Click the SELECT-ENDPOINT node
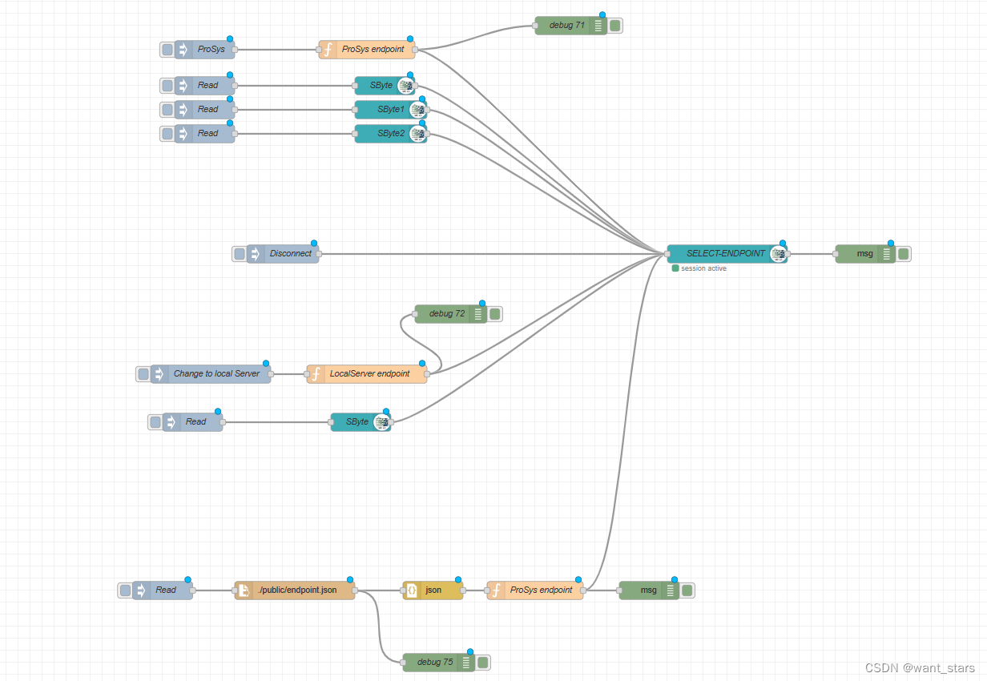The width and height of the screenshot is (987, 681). click(725, 254)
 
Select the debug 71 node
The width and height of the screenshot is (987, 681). click(562, 26)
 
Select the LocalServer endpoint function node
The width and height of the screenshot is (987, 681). click(369, 374)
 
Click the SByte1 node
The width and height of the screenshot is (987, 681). click(390, 110)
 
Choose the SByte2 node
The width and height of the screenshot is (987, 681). click(390, 134)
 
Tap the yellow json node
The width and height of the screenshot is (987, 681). click(433, 590)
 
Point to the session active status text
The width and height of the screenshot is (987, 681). click(703, 268)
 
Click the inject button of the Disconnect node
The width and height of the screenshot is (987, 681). click(239, 254)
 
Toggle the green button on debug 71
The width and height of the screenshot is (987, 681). click(615, 26)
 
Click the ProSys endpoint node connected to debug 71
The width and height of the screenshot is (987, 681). click(373, 50)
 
